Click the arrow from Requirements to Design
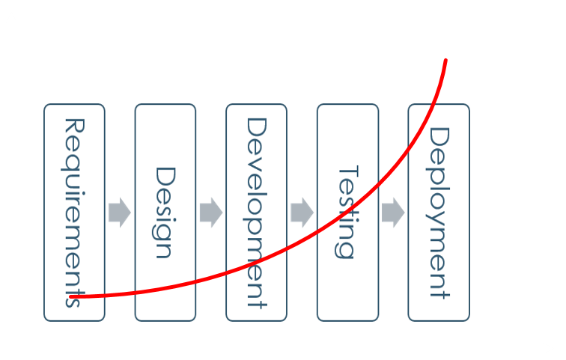pyautogui.click(x=120, y=213)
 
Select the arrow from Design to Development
pyautogui.click(x=211, y=213)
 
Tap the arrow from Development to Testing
pyautogui.click(x=302, y=213)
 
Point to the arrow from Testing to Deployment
pyautogui.click(x=393, y=213)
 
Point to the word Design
pyautogui.click(x=165, y=213)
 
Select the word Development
pyautogui.click(x=256, y=213)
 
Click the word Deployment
pyautogui.click(x=439, y=213)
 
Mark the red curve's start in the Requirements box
pyautogui.click(x=72, y=297)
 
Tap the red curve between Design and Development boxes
pyautogui.click(x=211, y=278)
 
